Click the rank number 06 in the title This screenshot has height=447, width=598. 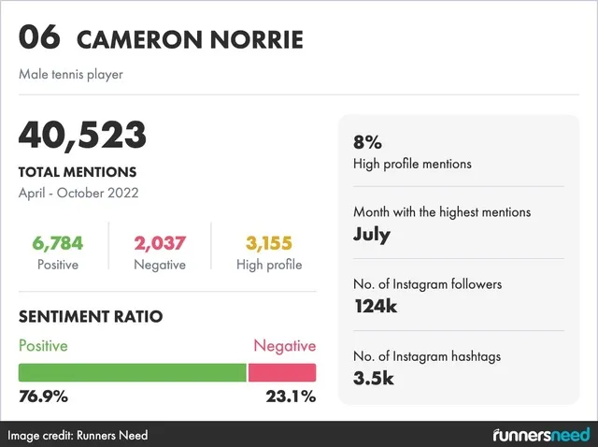(x=39, y=38)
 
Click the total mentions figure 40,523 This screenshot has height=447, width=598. (x=82, y=136)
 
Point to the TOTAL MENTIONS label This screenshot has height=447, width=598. (x=78, y=172)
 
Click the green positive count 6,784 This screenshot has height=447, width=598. (x=57, y=244)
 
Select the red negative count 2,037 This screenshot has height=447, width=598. (x=160, y=244)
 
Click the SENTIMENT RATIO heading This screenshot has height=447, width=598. (x=91, y=317)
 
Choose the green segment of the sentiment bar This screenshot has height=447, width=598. (x=132, y=372)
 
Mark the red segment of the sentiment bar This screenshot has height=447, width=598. (x=282, y=372)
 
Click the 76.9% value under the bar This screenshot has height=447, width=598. (x=43, y=396)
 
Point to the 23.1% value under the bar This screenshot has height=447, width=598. (x=292, y=396)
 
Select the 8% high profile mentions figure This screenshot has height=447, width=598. (x=367, y=143)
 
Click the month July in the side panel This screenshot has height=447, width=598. (x=371, y=234)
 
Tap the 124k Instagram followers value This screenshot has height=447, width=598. (x=376, y=306)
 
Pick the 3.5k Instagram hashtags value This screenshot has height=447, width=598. (x=374, y=378)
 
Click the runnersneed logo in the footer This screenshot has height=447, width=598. (x=541, y=435)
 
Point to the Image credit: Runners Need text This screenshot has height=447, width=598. (x=78, y=436)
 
